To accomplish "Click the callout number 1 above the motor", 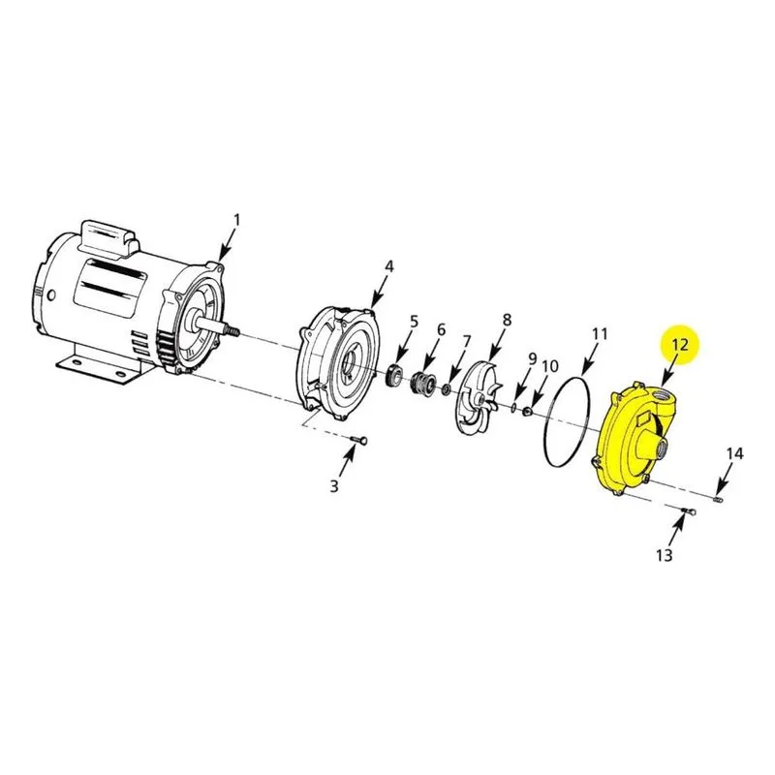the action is coord(237,220).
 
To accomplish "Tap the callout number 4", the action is coord(389,266).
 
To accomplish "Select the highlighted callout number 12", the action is coord(681,344).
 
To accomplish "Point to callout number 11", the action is coord(600,334).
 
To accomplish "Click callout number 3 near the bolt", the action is coord(334,486).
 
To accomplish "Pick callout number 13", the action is coord(665,555).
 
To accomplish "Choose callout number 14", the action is coord(735,453).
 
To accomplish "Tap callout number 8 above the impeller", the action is coord(507,320).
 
